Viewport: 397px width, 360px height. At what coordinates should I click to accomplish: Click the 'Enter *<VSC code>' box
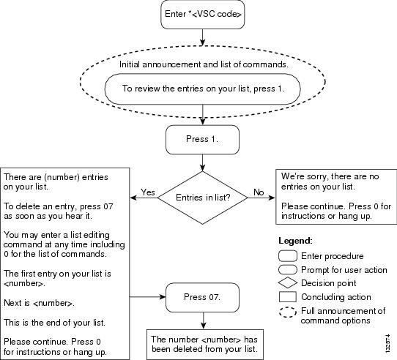pos(203,14)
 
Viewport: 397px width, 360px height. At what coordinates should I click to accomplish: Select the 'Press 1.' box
pos(202,140)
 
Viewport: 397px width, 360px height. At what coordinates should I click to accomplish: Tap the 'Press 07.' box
pos(202,297)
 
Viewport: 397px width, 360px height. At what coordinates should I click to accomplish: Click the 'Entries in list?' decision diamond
pos(203,198)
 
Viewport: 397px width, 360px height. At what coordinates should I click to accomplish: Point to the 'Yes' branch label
pos(148,192)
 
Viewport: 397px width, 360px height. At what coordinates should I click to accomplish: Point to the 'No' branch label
pos(259,192)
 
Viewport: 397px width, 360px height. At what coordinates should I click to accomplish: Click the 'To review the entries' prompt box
pos(203,89)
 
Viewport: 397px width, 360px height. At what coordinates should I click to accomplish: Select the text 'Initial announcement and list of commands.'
pos(204,64)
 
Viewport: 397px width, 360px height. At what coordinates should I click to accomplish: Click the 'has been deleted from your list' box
pos(205,345)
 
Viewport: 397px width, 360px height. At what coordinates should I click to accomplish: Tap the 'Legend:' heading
pos(295,241)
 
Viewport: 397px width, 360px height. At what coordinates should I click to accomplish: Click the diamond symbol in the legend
pos(288,283)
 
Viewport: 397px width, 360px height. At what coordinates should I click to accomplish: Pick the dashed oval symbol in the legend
pos(288,312)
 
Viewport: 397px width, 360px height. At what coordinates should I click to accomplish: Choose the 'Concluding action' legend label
pos(336,297)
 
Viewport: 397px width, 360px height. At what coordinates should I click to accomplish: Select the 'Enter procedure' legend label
pos(333,256)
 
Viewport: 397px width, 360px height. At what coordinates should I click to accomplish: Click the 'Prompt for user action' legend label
pos(344,270)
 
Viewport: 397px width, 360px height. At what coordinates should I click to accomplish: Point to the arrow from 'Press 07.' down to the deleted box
pos(203,320)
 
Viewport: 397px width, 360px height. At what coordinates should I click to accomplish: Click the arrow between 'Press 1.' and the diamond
pos(202,162)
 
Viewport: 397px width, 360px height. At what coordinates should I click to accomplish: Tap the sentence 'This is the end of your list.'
pos(54,323)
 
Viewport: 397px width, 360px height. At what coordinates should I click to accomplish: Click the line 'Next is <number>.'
pos(40,303)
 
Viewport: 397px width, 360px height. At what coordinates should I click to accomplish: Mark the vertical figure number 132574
pos(387,343)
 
